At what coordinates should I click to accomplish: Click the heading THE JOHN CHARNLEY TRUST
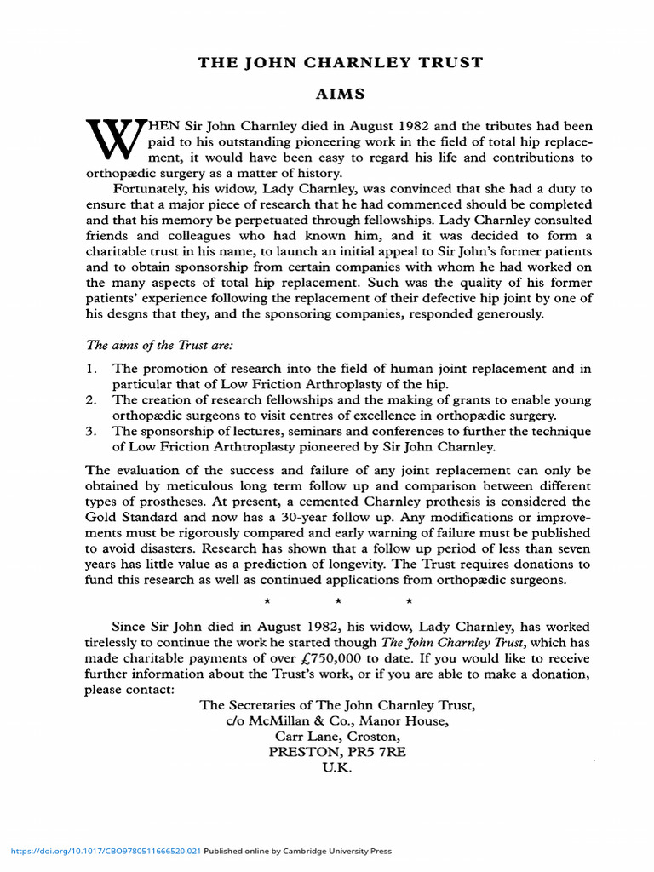[340, 63]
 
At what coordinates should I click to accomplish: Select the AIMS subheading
[339, 96]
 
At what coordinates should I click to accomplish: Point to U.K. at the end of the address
[336, 767]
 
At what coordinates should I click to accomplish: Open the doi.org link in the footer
[106, 851]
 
